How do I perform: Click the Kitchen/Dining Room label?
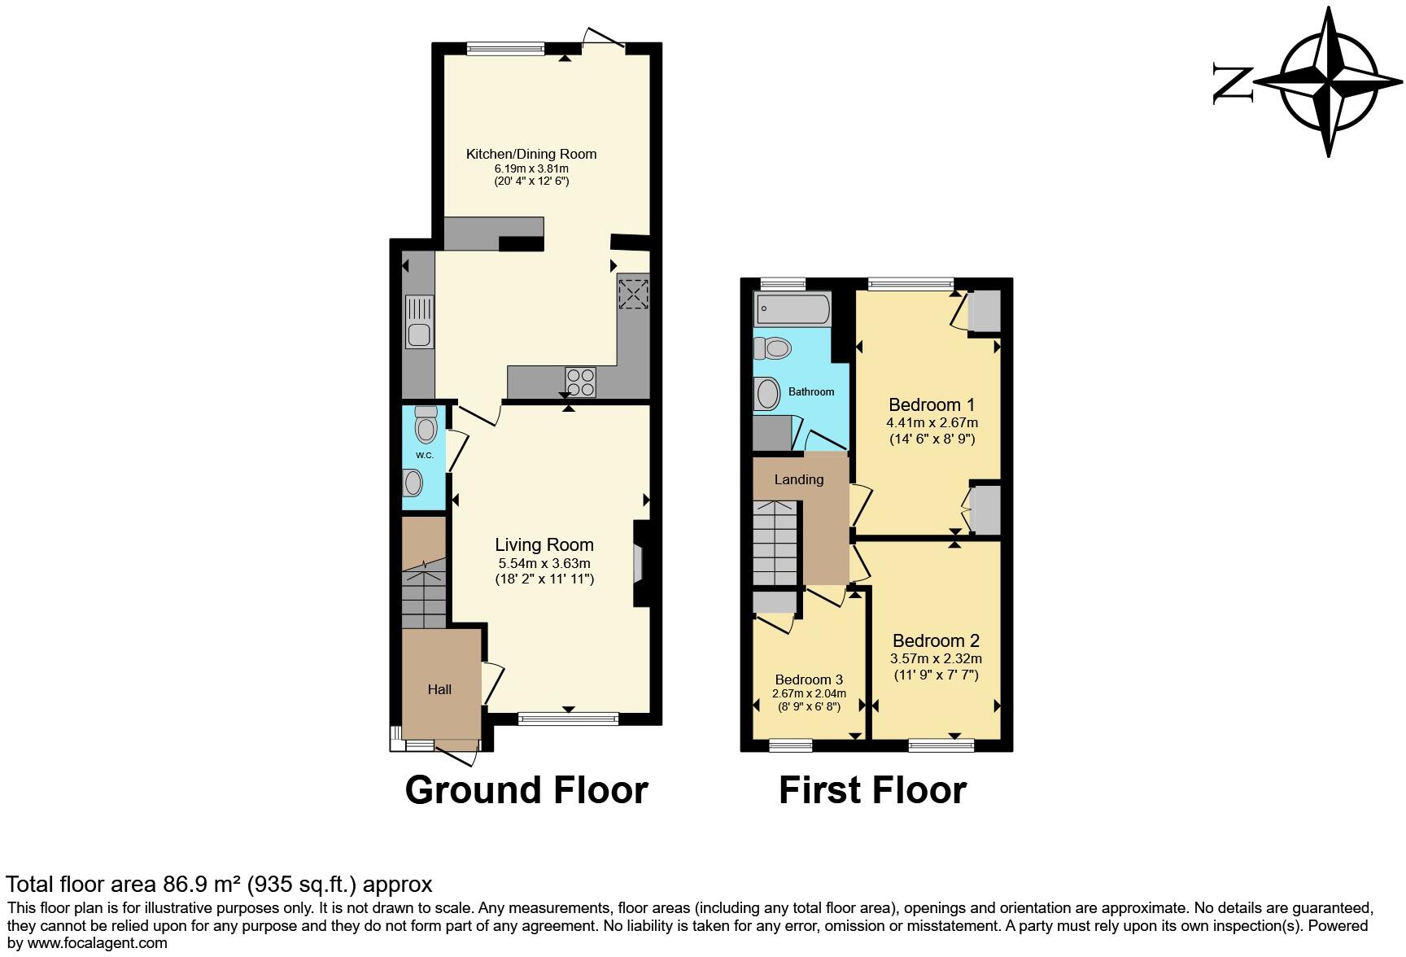tap(531, 154)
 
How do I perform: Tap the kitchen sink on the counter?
tap(419, 334)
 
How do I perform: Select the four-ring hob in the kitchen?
tap(580, 382)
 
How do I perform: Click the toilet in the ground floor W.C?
tap(425, 425)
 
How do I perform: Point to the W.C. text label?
tap(424, 455)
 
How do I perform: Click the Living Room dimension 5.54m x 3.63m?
tap(544, 563)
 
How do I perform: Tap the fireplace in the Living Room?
tap(640, 563)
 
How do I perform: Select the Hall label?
tap(439, 689)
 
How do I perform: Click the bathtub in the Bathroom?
tap(792, 309)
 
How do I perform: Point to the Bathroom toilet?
tap(773, 348)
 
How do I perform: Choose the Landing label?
tap(798, 479)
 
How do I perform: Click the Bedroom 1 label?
tap(932, 404)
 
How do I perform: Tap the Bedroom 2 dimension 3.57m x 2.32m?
tap(937, 658)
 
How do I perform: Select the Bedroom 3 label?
tap(808, 680)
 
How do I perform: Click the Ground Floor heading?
tap(526, 790)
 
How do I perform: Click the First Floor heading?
tap(872, 790)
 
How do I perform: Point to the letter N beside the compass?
tap(1234, 84)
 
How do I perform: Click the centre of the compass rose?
tap(1330, 82)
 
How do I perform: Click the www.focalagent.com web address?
tap(97, 943)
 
